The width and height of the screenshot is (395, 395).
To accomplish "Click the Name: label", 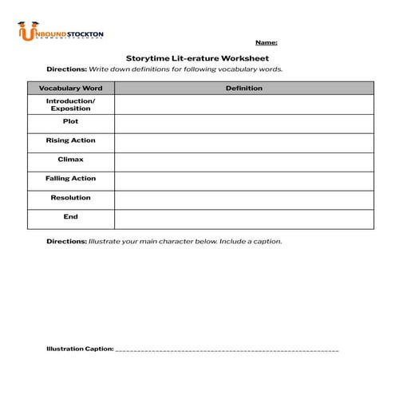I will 266,41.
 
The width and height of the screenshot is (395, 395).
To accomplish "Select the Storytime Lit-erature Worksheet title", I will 197,58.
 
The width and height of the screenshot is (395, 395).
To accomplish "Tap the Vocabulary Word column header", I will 70,88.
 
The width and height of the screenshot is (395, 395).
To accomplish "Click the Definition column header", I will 243,88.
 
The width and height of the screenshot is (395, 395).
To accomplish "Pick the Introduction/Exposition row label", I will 70,105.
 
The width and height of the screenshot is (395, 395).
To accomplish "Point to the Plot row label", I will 70,121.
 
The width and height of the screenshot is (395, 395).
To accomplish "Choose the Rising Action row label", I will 70,140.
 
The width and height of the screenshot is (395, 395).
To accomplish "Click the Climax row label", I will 70,160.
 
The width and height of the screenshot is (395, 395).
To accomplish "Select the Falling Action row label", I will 70,179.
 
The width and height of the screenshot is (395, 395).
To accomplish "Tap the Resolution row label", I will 70,198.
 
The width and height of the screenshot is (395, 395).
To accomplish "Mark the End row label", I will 70,217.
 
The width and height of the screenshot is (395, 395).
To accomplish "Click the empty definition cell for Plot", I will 243,123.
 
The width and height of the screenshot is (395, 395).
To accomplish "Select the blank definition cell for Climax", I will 243,161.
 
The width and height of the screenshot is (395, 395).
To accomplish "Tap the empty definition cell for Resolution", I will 243,199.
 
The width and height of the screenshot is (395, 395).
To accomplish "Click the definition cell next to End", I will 243,219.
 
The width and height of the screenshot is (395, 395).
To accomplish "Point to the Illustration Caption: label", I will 80,349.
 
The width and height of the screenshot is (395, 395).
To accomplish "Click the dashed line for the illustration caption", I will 227,350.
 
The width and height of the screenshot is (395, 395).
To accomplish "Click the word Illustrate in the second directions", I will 105,241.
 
